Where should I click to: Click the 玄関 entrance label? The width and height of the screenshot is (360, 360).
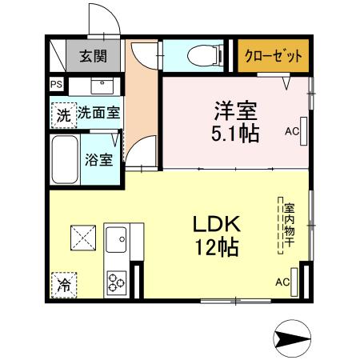[x=93, y=57]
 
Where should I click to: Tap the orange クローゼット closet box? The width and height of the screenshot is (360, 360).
[x=272, y=57]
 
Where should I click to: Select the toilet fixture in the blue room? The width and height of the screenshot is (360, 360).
[x=201, y=55]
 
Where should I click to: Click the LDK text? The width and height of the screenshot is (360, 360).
[x=214, y=223]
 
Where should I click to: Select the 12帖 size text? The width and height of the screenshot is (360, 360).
[x=214, y=247]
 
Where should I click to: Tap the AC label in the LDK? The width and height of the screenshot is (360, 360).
[x=282, y=282]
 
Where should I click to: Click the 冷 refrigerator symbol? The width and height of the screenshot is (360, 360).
[x=63, y=283]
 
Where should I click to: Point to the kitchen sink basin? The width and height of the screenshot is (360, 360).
[x=117, y=238]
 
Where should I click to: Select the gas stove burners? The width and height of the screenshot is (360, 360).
[x=116, y=281]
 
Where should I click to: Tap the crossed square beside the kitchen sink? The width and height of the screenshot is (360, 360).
[x=82, y=238]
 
